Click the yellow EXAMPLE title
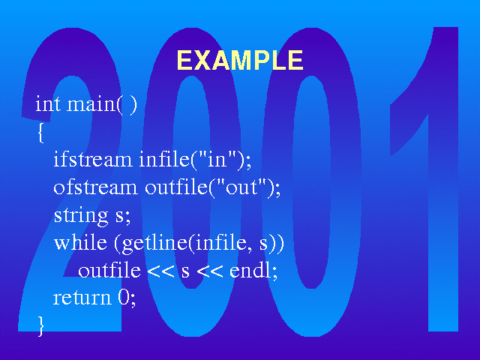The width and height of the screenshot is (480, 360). [x=240, y=60]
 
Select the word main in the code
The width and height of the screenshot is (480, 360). [x=91, y=104]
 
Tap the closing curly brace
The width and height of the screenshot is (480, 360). [x=40, y=326]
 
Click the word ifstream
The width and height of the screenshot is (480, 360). [x=93, y=159]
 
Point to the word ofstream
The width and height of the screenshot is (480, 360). [x=95, y=187]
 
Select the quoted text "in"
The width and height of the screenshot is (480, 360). [x=218, y=159]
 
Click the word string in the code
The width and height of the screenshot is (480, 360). [x=81, y=216]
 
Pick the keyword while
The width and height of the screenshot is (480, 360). [x=80, y=242]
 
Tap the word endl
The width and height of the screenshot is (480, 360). [x=250, y=270]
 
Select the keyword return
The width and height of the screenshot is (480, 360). [x=82, y=298]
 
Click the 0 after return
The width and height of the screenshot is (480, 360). [x=124, y=297]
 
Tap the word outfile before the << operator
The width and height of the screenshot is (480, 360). [x=109, y=270]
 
